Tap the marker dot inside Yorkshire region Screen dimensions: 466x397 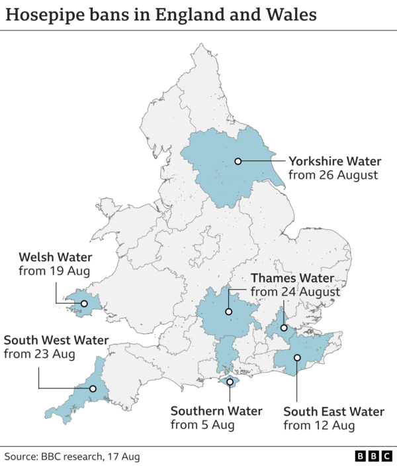coord(237,161)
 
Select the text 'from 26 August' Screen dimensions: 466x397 coord(333,176)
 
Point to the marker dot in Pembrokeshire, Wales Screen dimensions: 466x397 coord(84,304)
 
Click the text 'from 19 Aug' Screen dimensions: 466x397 coord(54,271)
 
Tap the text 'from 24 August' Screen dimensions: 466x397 coord(295,292)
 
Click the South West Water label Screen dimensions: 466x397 coord(56,340)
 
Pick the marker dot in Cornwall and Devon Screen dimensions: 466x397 coord(93,389)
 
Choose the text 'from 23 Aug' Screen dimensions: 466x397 coord(39,355)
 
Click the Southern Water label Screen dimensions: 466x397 coord(216,410)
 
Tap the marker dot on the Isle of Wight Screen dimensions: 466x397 coord(230,382)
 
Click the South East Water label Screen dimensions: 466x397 coord(333,410)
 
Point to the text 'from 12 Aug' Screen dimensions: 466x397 coord(318,425)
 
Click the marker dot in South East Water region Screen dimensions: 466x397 coord(297,357)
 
